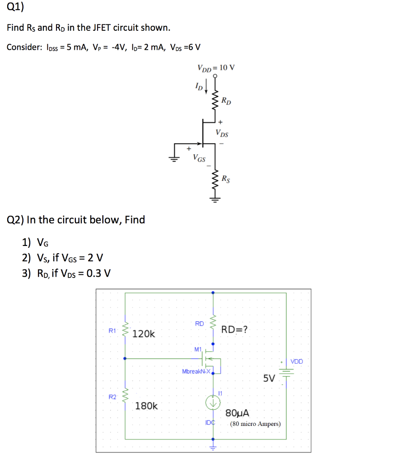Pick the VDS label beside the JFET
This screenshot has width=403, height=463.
coord(222,133)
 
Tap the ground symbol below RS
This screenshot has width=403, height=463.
coord(215,199)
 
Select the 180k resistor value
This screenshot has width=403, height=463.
coord(147,406)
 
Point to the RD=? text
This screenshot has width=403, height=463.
coord(234,329)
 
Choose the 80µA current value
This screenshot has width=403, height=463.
coord(238,413)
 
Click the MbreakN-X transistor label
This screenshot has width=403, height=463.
coord(196,371)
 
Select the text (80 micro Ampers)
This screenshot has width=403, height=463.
coord(255,424)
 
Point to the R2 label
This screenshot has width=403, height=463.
coord(112,397)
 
